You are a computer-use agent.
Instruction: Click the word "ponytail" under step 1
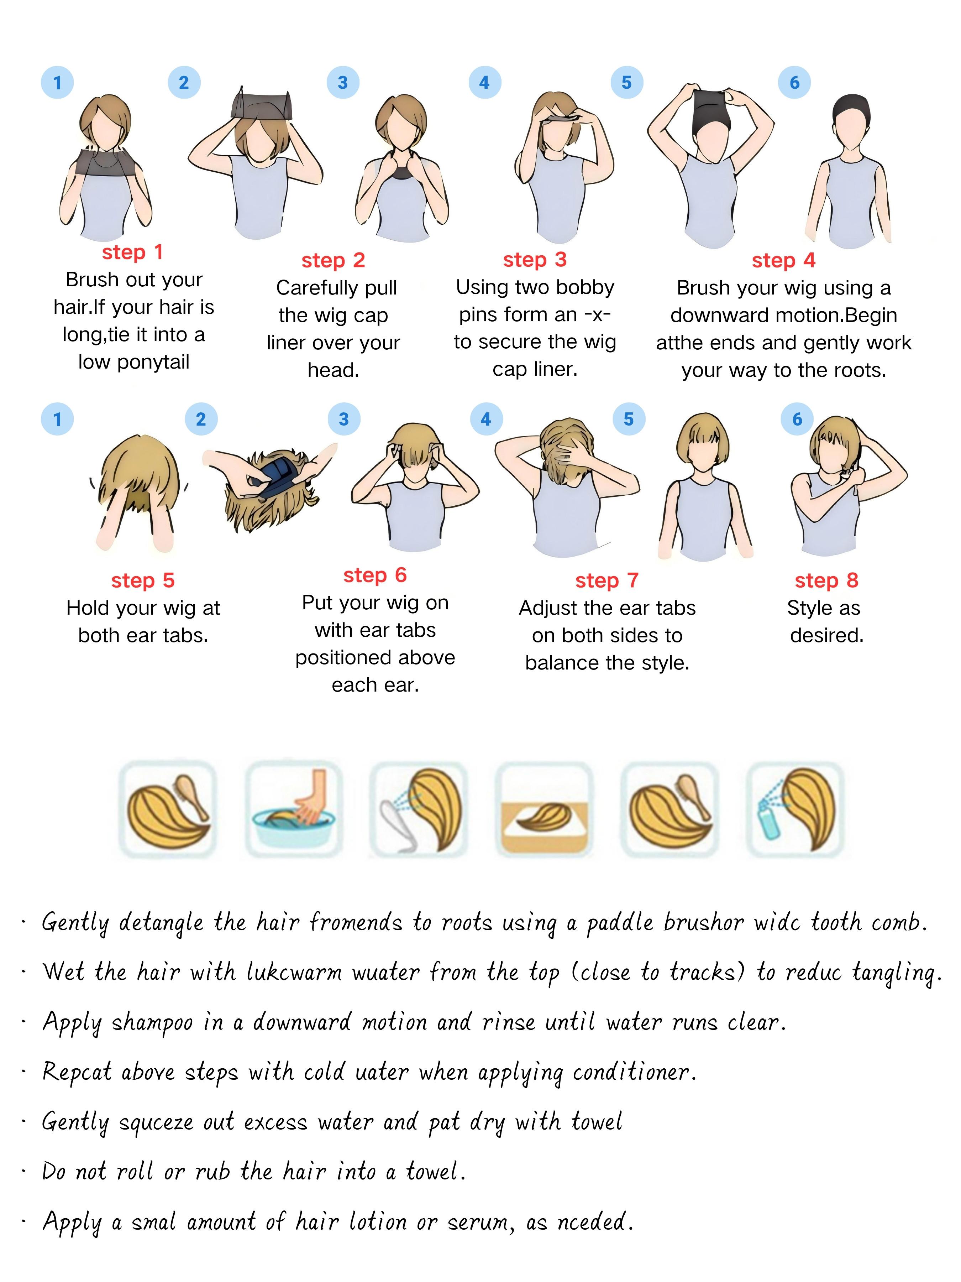click(x=153, y=362)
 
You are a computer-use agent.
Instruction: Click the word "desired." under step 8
click(x=826, y=635)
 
